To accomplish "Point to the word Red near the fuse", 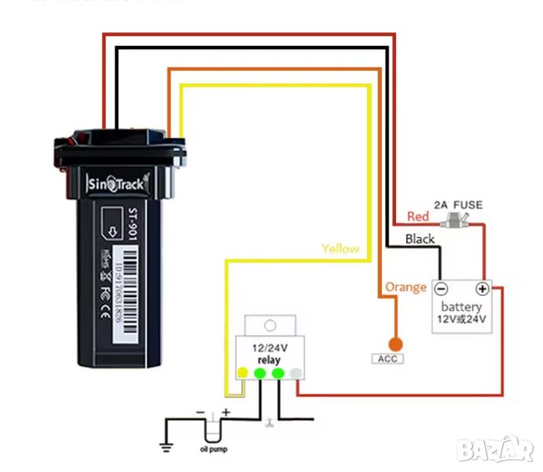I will [x=418, y=216].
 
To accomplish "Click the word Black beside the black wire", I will [x=420, y=238].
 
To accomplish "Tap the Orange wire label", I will [x=406, y=287].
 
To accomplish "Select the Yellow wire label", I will [x=340, y=249].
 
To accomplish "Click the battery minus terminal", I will [x=442, y=288].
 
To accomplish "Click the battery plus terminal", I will [x=482, y=288].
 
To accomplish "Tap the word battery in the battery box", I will [x=462, y=306].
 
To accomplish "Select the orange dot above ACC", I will [x=395, y=343].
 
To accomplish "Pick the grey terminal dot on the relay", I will [x=295, y=373].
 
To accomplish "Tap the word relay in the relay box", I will [x=269, y=360].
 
